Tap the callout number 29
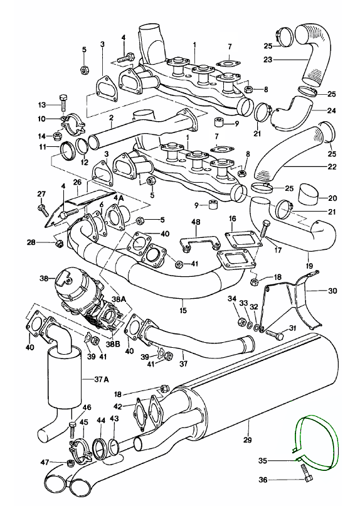248,439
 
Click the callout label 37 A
102,379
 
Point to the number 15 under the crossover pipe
183,311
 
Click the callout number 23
268,60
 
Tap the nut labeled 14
57,136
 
